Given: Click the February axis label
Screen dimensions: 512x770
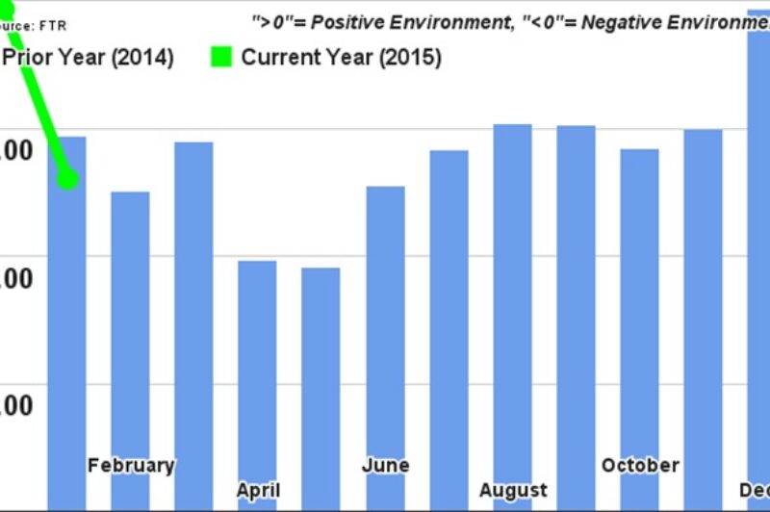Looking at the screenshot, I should pyautogui.click(x=131, y=466).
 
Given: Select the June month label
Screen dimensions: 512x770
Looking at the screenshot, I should pyautogui.click(x=385, y=466).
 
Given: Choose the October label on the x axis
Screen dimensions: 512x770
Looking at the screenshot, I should pyautogui.click(x=640, y=466).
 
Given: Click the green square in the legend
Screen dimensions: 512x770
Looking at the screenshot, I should pyautogui.click(x=221, y=58).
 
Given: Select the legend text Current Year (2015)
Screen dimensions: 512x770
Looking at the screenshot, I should pyautogui.click(x=341, y=58).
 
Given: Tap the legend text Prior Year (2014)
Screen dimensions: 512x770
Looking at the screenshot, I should pyautogui.click(x=88, y=58).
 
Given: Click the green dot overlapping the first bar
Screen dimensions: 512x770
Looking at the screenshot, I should pyautogui.click(x=67, y=178).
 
